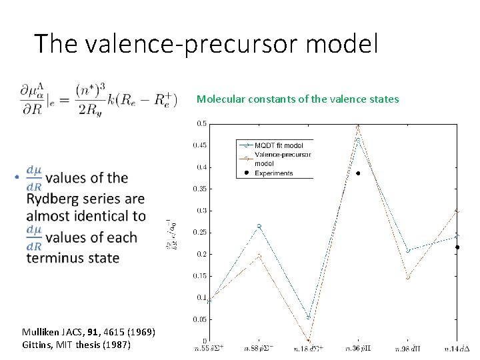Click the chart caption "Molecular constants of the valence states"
(x=297, y=99)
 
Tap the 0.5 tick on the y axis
(x=200, y=123)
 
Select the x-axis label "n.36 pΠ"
(x=358, y=349)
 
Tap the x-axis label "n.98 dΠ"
(x=407, y=349)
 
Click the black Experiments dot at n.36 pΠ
(x=358, y=173)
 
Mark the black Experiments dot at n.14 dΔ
(x=457, y=247)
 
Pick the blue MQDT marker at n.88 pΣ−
(x=259, y=227)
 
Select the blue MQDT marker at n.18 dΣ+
(x=309, y=317)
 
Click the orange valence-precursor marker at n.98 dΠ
(x=407, y=277)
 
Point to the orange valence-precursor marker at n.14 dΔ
(x=457, y=210)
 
